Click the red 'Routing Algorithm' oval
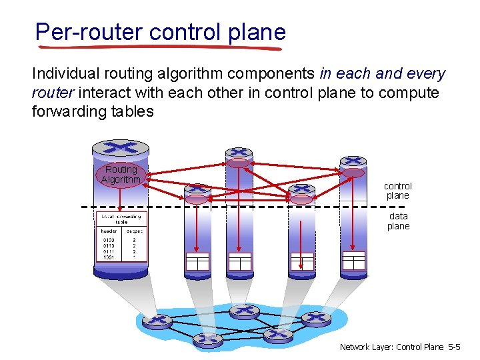pos(121,175)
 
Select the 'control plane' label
pos(398,191)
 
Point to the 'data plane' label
pos(398,221)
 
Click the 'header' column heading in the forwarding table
pos(109,231)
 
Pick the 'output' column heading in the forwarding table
pos(134,231)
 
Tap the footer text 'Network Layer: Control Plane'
pos(391,347)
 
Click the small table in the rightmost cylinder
pos(353,260)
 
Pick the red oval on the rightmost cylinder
pos(353,173)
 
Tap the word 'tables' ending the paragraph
pos(135,111)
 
